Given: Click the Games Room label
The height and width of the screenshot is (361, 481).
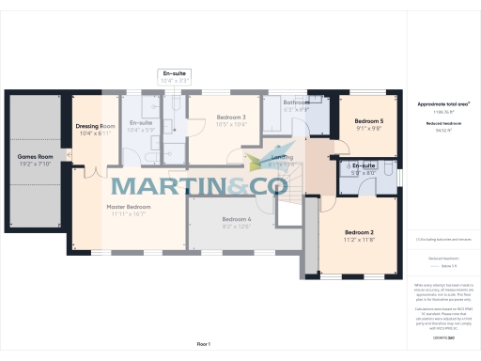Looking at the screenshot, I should [x=33, y=157].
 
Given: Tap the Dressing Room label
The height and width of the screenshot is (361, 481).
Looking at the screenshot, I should [x=95, y=126].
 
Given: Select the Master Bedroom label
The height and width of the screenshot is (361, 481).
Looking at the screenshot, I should [x=129, y=207].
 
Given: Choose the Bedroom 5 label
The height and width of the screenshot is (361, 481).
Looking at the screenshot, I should [x=369, y=121].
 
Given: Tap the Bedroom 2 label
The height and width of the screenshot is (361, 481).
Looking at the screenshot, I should [x=359, y=232].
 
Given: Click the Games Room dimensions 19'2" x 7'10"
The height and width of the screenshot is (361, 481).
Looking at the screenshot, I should [x=33, y=165].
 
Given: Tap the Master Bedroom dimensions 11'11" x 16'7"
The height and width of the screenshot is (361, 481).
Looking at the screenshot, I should [x=129, y=214].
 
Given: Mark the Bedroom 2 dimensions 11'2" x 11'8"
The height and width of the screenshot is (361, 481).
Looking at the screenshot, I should [x=359, y=240].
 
